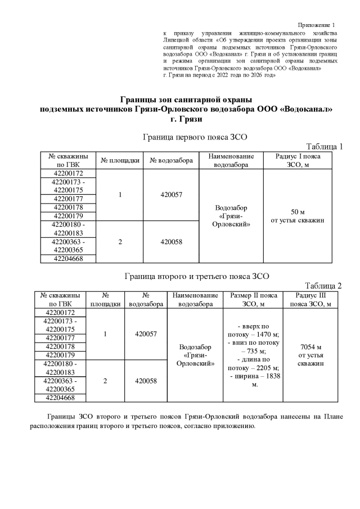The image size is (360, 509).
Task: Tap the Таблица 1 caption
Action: pos(324,146)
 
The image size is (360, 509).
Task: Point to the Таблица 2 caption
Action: pos(323,286)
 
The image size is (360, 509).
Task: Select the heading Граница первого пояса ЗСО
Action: pos(195,136)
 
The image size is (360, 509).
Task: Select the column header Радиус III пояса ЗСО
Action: pos(310,300)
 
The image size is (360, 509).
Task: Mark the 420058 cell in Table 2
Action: pos(146,381)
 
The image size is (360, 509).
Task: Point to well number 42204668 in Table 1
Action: pos(67,258)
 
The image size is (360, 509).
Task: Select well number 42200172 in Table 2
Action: pos(60,312)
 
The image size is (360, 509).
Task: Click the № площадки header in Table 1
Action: pos(120,160)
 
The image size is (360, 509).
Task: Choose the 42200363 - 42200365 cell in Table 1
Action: pos(67,245)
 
